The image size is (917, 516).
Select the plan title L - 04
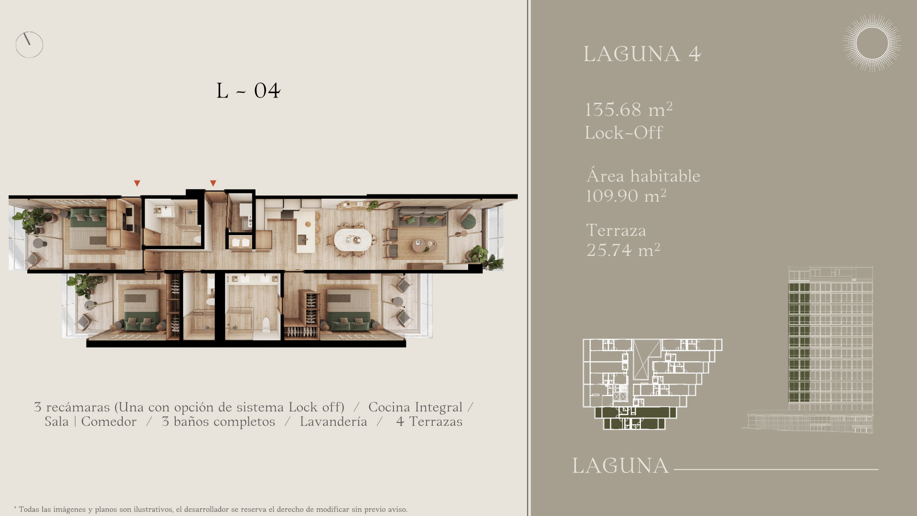248,90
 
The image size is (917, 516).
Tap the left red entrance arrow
137,183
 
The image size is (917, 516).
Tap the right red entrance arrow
213,183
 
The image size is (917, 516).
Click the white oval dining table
353,240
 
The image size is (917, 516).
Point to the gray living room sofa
420,217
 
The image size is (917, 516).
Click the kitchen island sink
302,239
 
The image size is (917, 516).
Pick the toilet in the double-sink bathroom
267,325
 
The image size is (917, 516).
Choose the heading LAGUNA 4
642,54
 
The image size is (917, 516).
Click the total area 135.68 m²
629,109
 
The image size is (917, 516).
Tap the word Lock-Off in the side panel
624,132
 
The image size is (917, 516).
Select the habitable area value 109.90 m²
626,195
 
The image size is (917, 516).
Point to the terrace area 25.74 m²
623,249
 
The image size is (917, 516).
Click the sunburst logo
872,43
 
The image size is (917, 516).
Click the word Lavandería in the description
333,421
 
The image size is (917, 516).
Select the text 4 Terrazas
429,421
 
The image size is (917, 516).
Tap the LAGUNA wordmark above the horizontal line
620,466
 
